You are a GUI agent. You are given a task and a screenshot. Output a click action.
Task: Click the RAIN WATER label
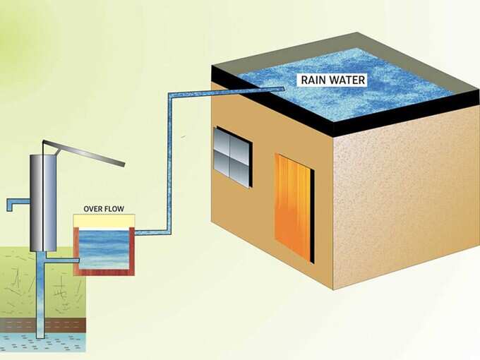click(x=333, y=80)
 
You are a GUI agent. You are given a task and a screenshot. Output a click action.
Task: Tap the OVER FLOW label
click(x=104, y=209)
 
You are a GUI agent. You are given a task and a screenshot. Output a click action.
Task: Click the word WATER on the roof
click(x=347, y=80)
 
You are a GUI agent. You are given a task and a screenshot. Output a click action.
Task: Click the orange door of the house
click(x=293, y=208)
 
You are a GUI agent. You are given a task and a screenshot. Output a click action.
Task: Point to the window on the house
click(x=232, y=157)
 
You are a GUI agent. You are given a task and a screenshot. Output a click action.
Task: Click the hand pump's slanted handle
click(x=84, y=152)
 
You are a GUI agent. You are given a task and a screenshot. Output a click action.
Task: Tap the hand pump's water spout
click(x=17, y=203)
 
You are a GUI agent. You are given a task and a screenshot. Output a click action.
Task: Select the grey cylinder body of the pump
click(x=43, y=203)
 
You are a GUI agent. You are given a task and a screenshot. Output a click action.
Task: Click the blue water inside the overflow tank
click(x=104, y=249)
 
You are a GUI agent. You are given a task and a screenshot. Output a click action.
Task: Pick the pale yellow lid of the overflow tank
click(x=104, y=221)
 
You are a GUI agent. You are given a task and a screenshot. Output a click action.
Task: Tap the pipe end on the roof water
click(x=282, y=89)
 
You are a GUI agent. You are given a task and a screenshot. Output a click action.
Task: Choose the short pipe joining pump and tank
click(x=63, y=260)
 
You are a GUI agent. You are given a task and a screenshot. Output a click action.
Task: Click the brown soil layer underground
click(x=43, y=325)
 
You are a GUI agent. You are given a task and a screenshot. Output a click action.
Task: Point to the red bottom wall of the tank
click(x=104, y=272)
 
